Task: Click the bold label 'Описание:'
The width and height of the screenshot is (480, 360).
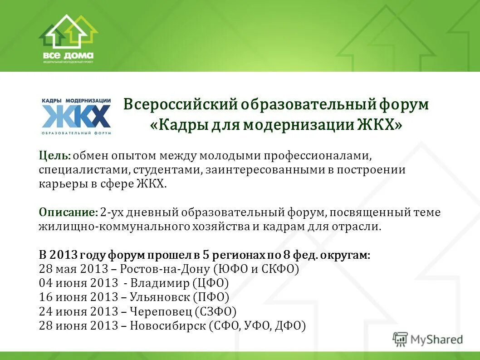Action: [68, 212]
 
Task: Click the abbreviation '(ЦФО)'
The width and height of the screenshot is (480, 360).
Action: [211, 283]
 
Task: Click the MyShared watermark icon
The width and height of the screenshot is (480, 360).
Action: [400, 339]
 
